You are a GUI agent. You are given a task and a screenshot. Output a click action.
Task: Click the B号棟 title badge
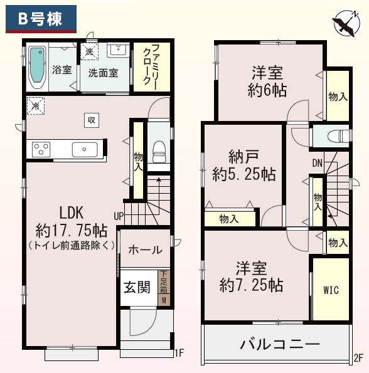tap(41, 19)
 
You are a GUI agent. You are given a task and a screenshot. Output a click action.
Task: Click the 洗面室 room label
tap(103, 72)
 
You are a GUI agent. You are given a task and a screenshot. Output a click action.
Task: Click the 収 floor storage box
tap(91, 120)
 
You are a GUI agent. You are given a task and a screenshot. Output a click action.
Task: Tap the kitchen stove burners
tap(41, 150)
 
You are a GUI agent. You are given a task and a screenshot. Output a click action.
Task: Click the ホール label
tap(145, 250)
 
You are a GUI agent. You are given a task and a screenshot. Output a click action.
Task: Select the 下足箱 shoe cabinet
tap(164, 288)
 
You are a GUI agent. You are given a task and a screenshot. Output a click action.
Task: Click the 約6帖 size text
tap(267, 90)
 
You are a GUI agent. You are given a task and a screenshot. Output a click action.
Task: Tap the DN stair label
tap(318, 164)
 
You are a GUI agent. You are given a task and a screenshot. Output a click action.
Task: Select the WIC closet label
tap(331, 290)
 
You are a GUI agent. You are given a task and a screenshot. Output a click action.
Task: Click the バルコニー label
tap(279, 344)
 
